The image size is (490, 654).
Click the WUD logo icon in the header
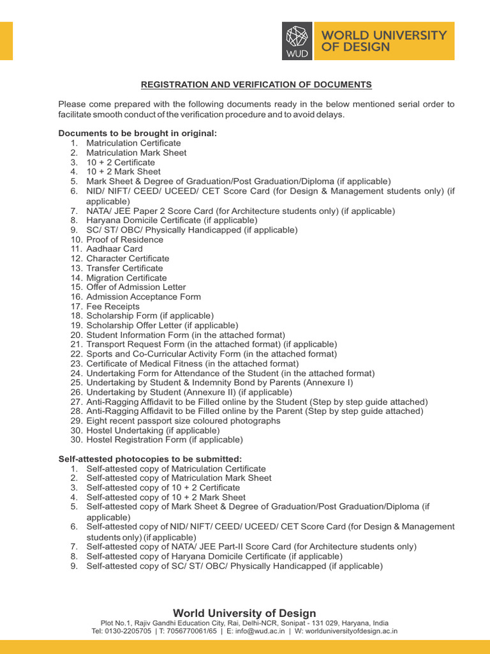pyautogui.click(x=297, y=41)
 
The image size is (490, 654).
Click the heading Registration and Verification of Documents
pyautogui.click(x=256, y=84)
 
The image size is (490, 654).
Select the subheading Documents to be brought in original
pyautogui.click(x=137, y=133)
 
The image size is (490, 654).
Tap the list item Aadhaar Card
pyautogui.click(x=114, y=249)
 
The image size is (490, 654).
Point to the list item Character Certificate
pyautogui.click(x=128, y=259)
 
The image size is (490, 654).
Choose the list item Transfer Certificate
pyautogui.click(x=124, y=268)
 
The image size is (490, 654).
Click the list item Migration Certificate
pyautogui.click(x=126, y=278)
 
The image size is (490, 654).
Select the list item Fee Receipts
pyautogui.click(x=113, y=307)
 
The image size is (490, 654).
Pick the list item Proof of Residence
pyautogui.click(x=124, y=240)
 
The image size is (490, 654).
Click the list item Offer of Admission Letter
pyautogui.click(x=136, y=287)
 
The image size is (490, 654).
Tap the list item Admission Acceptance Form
pyautogui.click(x=144, y=297)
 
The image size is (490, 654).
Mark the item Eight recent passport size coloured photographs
pyautogui.click(x=183, y=421)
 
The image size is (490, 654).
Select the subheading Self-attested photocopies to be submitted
pyautogui.click(x=150, y=459)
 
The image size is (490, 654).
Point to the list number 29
pyautogui.click(x=76, y=421)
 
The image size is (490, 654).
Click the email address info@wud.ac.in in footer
pyautogui.click(x=258, y=631)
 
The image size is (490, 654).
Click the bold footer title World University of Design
pyautogui.click(x=245, y=613)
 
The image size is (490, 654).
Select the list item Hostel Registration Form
pyautogui.click(x=165, y=440)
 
